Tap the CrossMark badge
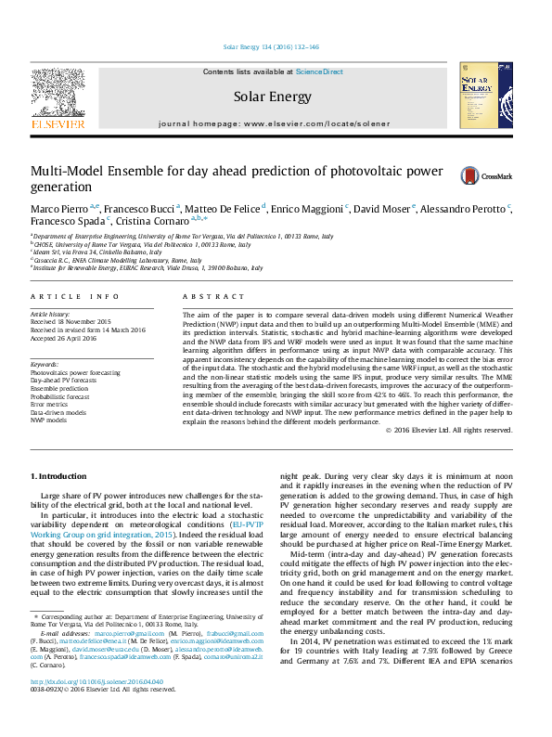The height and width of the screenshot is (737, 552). click(x=456, y=175)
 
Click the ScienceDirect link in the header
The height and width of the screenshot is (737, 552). click(x=319, y=71)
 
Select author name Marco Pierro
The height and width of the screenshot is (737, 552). click(x=58, y=209)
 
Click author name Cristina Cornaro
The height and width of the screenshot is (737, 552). click(x=158, y=221)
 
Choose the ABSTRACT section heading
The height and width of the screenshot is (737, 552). click(x=201, y=296)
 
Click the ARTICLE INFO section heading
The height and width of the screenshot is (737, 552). click(x=74, y=296)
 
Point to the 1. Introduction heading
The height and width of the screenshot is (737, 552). click(x=61, y=475)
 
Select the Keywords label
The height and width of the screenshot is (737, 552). click(x=44, y=365)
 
